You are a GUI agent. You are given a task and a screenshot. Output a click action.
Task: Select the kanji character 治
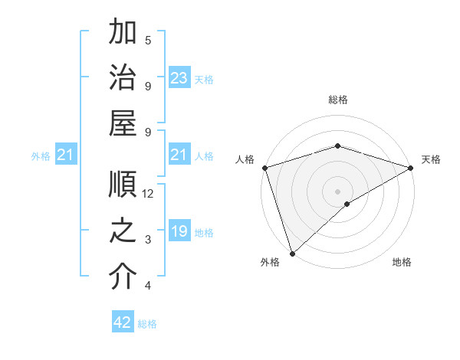click(123, 78)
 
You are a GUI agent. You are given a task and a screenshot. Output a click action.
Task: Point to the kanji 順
click(123, 185)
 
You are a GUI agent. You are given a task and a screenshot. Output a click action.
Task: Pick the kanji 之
click(123, 231)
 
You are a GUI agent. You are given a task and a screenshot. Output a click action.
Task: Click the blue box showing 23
click(179, 78)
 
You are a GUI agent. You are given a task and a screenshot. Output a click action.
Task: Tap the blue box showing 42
click(123, 323)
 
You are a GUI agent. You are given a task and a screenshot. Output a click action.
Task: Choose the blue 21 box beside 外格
click(65, 155)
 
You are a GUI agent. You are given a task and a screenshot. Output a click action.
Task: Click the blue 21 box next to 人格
click(179, 155)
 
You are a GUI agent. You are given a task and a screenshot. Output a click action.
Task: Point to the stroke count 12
click(148, 194)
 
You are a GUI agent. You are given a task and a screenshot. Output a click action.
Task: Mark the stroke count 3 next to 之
click(148, 240)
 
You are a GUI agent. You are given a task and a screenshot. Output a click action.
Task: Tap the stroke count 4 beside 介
click(148, 286)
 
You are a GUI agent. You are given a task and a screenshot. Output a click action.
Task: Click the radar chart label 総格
click(337, 100)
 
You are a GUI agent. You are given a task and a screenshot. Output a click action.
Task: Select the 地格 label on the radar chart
click(402, 262)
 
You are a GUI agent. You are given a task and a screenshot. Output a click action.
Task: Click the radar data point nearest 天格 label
click(411, 167)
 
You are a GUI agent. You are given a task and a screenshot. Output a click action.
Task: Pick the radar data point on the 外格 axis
click(291, 254)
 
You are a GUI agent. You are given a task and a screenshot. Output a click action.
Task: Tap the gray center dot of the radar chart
click(337, 191)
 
